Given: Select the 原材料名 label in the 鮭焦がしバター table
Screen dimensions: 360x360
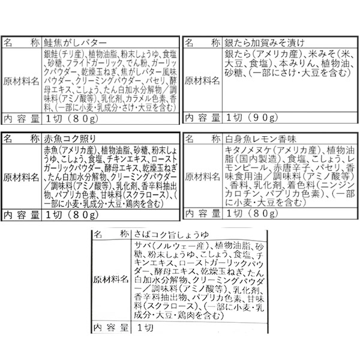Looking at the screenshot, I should tap(23, 80).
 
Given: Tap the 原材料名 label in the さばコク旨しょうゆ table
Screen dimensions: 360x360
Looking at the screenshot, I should tap(112, 280).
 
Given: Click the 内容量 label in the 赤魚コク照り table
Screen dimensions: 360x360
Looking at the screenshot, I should tap(22, 214).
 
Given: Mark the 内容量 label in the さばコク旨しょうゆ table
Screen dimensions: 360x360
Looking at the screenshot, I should tap(112, 327).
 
